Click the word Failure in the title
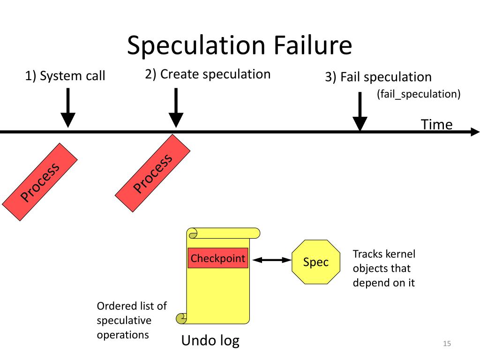point(313,45)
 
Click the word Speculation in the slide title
point(196,46)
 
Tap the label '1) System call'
point(65,76)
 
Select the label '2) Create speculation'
point(208,74)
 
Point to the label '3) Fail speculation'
point(378,77)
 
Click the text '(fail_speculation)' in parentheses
point(419,94)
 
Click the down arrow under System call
point(68,108)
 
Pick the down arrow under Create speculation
point(176,108)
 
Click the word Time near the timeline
point(436,125)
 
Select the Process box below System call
point(40,182)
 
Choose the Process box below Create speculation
point(153,173)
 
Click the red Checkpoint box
point(218,258)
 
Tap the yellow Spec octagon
point(316,262)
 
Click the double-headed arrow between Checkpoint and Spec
point(272,260)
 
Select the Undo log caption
point(210,340)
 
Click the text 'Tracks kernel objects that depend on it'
point(384,268)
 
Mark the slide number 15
point(447,344)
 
